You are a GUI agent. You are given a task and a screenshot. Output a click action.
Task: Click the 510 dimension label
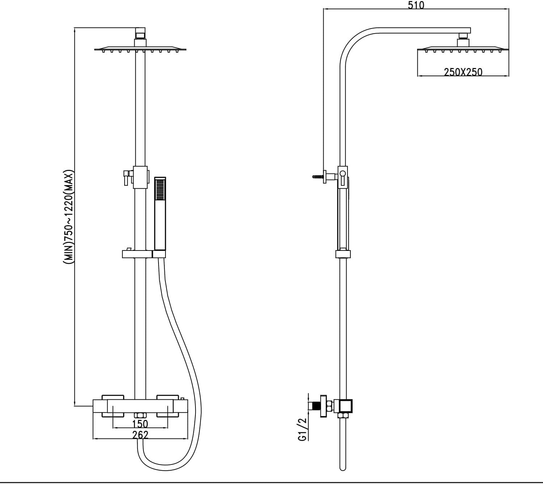(416, 5)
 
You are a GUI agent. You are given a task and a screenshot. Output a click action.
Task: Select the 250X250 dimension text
(463, 72)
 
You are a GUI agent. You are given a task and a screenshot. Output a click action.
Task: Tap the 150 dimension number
(140, 424)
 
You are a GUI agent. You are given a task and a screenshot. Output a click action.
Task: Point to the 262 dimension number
(140, 435)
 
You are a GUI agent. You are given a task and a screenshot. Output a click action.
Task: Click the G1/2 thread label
(302, 432)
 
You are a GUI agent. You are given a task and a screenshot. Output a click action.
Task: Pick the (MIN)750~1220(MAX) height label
(68, 217)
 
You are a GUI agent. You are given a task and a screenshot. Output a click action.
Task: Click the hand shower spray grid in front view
(160, 189)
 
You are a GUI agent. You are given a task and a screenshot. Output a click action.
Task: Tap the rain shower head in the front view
(140, 50)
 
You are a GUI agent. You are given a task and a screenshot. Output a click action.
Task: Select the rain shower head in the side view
(463, 50)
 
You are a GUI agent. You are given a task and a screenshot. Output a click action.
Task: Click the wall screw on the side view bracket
(318, 177)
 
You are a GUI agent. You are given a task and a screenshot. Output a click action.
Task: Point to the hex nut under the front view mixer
(140, 415)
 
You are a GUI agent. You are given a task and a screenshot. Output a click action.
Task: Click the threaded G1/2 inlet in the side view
(314, 406)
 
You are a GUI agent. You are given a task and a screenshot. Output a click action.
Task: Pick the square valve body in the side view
(345, 406)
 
